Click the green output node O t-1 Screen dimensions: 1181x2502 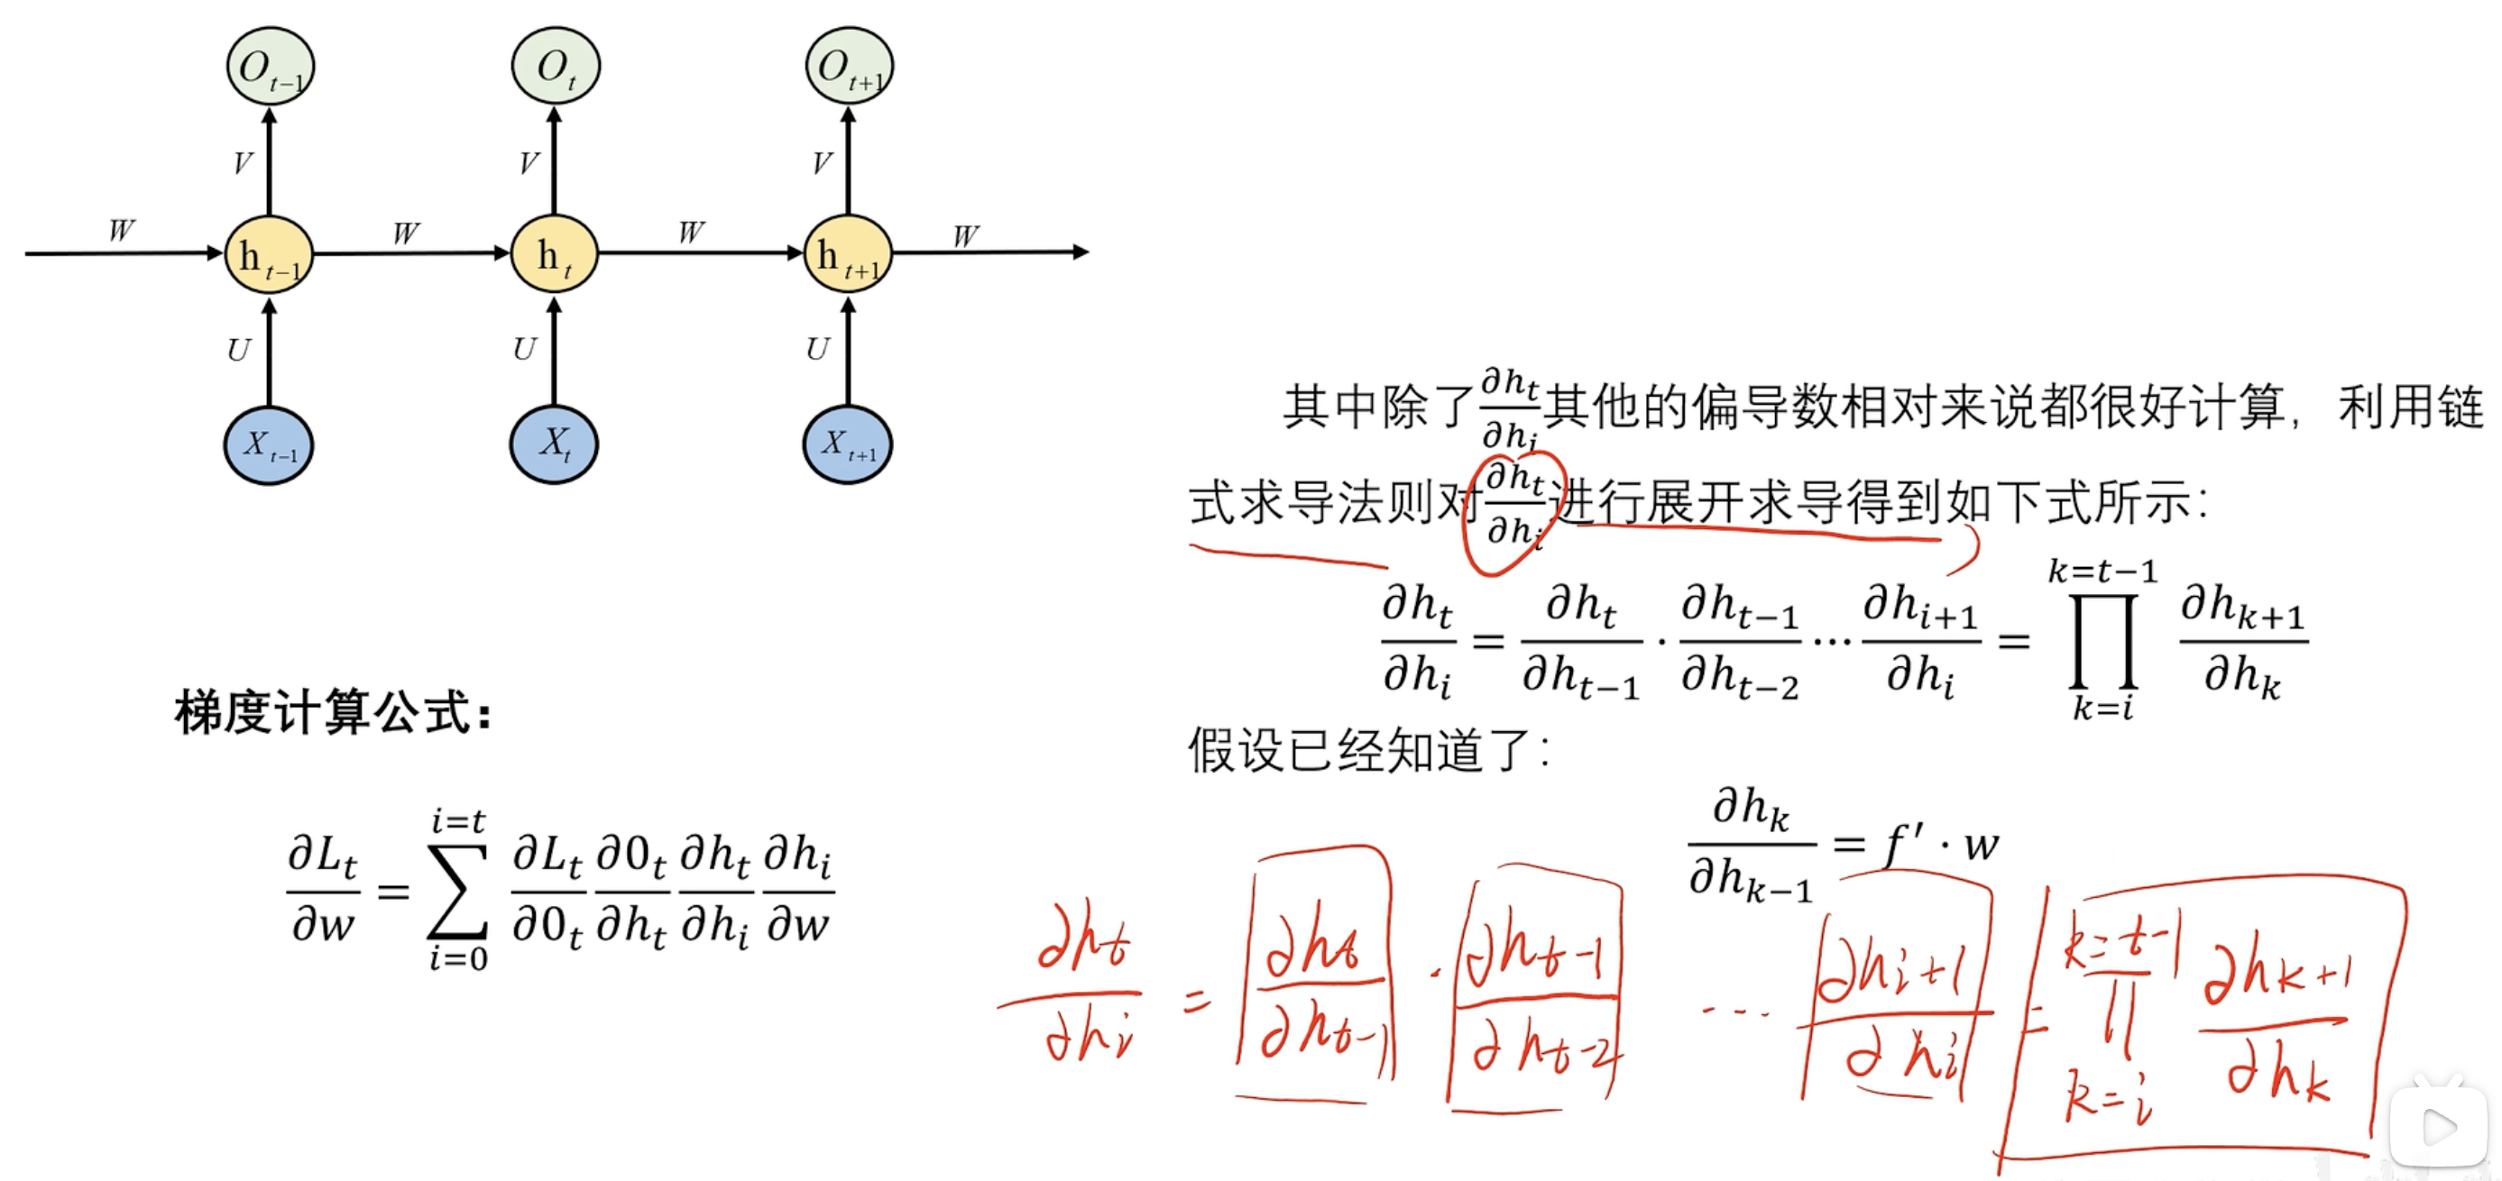(269, 66)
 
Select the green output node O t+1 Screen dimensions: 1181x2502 (848, 66)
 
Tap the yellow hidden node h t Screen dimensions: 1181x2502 (554, 254)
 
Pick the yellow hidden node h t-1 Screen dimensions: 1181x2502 (269, 255)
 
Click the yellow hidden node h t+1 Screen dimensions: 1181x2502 (848, 254)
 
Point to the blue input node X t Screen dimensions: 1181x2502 (554, 444)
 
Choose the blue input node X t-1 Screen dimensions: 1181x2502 (269, 445)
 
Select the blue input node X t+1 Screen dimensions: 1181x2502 (848, 444)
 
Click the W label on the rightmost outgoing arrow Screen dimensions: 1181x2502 (965, 236)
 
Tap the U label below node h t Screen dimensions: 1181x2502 (525, 349)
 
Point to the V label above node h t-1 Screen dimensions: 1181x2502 (242, 163)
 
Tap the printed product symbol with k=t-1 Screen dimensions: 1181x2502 (2102, 640)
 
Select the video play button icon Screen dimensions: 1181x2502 (2439, 1127)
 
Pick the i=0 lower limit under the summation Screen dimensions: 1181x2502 (458, 959)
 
